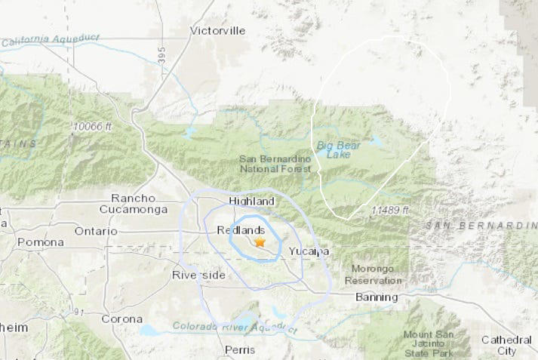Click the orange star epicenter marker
[260, 242]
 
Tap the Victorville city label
[217, 31]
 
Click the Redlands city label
[241, 229]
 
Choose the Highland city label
[251, 202]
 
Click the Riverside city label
[198, 275]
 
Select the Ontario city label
[96, 230]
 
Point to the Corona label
[121, 318]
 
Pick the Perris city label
[241, 349]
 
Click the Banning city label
[376, 297]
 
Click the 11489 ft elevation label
[390, 209]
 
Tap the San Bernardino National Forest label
[275, 164]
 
